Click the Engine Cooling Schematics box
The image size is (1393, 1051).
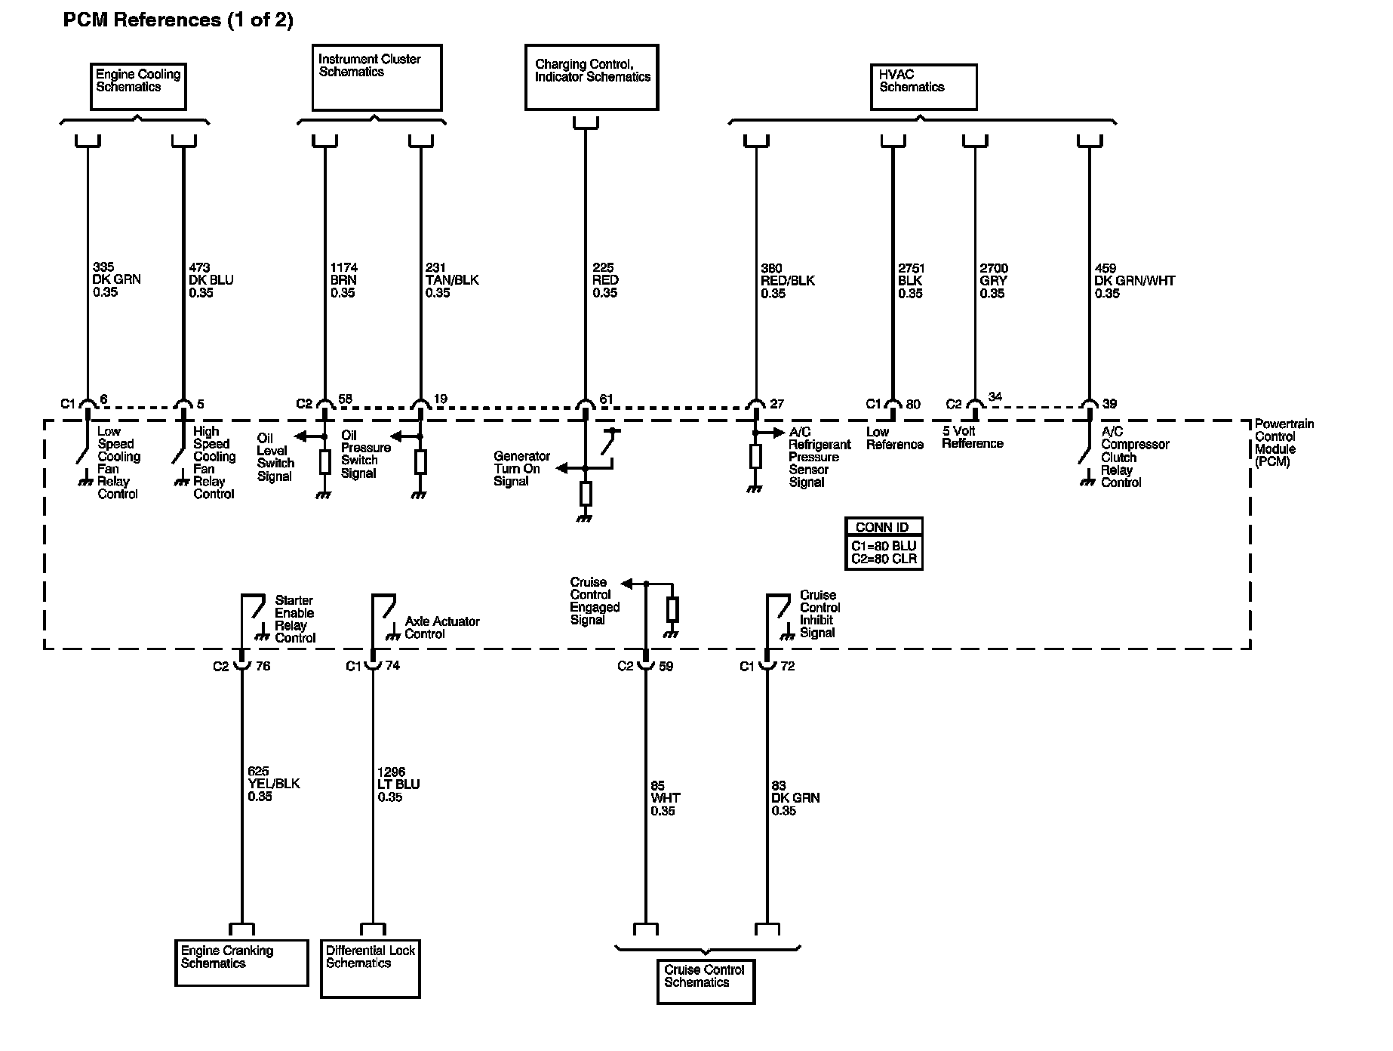click(137, 86)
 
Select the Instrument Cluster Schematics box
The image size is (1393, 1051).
click(377, 77)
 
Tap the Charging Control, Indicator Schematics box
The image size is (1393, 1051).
click(592, 77)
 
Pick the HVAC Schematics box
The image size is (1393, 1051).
click(923, 87)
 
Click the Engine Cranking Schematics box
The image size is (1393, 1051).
click(241, 962)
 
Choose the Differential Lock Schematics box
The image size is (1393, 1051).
click(371, 969)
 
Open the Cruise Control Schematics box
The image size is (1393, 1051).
click(706, 981)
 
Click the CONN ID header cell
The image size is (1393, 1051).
click(884, 527)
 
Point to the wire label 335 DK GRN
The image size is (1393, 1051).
click(116, 279)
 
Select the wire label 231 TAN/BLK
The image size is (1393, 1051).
click(451, 280)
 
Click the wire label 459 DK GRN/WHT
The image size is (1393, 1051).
click(1134, 281)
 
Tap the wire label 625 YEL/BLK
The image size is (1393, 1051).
click(273, 784)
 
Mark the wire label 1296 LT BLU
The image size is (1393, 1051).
click(398, 784)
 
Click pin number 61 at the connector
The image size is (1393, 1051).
click(606, 399)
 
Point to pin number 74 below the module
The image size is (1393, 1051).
click(392, 666)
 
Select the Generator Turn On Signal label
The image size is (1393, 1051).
click(521, 469)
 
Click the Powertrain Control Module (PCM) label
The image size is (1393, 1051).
click(1284, 442)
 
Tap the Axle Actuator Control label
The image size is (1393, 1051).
click(441, 627)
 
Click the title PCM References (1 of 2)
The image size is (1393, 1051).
click(178, 20)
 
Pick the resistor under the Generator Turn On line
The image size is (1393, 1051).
click(585, 494)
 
